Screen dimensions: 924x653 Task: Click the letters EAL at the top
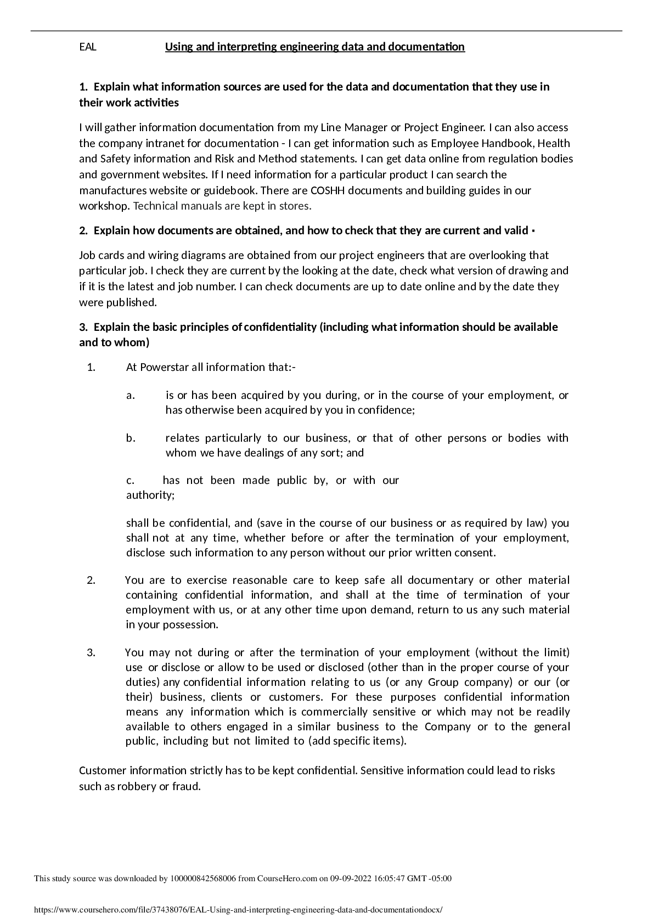coord(88,47)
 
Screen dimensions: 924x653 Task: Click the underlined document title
coord(314,47)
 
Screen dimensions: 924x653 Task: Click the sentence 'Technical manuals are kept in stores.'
coord(222,206)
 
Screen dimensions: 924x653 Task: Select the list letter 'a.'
coord(131,396)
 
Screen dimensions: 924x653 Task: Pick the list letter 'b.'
coord(131,438)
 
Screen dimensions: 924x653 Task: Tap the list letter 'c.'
coord(131,481)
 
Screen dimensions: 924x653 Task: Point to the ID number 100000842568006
coord(203,878)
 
